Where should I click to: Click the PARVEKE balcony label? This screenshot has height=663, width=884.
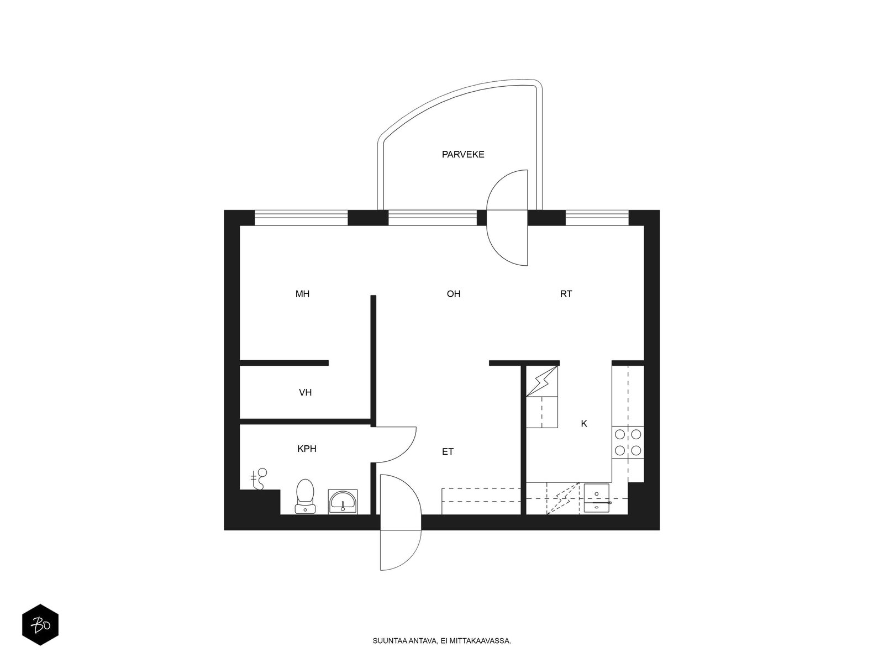463,155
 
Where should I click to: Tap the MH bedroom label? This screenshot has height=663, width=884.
302,294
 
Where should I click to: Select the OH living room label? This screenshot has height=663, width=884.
454,294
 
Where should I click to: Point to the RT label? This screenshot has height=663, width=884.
566,294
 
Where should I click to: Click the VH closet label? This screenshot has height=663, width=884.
306,392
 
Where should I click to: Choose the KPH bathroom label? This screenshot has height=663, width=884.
307,449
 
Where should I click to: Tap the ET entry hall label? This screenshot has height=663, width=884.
448,451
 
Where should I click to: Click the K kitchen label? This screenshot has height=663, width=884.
584,423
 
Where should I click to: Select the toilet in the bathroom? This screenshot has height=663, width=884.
306,496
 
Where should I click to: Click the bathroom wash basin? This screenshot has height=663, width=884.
343,502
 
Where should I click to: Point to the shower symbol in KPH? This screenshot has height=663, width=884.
259,478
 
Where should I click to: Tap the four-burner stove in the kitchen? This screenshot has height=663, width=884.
628,443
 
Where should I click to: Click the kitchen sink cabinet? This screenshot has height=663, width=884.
597,498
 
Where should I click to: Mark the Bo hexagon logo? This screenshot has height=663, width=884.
40,625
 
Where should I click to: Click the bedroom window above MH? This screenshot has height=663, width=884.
301,218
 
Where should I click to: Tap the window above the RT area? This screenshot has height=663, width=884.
597,218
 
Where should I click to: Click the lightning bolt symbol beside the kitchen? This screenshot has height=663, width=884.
542,381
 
